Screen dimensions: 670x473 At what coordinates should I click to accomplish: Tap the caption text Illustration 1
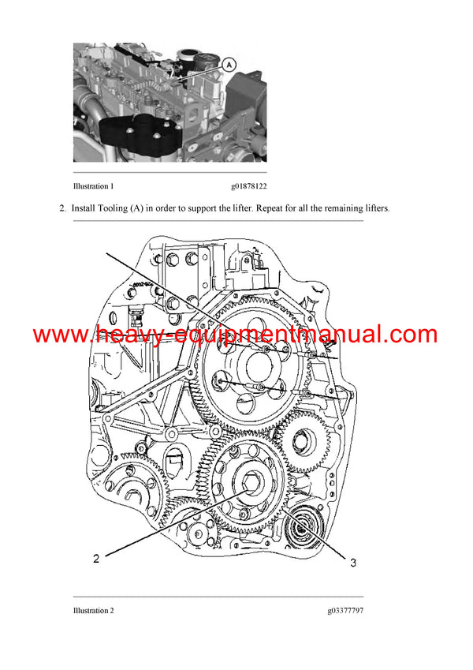click(x=93, y=187)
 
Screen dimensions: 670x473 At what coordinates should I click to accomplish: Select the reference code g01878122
click(x=248, y=187)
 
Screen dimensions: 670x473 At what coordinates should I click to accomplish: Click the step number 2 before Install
click(x=61, y=208)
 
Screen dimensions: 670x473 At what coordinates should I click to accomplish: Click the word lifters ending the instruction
click(x=373, y=208)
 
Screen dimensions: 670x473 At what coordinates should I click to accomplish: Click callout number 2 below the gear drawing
click(x=95, y=559)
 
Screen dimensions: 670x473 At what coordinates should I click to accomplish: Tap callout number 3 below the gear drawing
click(x=352, y=562)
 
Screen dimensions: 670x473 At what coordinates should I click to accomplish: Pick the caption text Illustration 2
click(x=93, y=610)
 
